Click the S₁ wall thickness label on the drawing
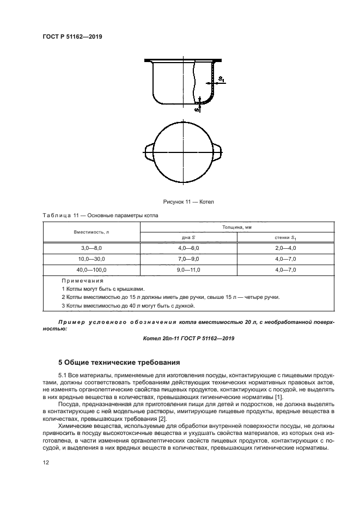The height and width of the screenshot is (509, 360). click(x=221, y=79)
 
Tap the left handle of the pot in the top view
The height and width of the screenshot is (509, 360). click(x=149, y=151)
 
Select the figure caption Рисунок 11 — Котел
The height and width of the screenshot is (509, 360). click(x=185, y=202)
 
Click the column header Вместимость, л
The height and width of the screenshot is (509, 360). click(x=91, y=232)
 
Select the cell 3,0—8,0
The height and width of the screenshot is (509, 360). click(x=91, y=248)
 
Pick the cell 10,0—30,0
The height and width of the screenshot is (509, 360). click(x=91, y=259)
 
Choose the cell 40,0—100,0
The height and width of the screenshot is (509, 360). click(x=91, y=270)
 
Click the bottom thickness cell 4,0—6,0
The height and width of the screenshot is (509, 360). click(x=188, y=248)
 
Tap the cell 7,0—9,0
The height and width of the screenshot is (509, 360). click(x=188, y=259)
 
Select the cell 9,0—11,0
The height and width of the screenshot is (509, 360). click(x=188, y=270)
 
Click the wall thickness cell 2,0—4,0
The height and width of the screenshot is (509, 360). click(x=285, y=248)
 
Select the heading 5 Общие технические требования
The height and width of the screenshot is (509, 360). click(x=119, y=362)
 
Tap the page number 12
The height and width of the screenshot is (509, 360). click(x=46, y=462)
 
